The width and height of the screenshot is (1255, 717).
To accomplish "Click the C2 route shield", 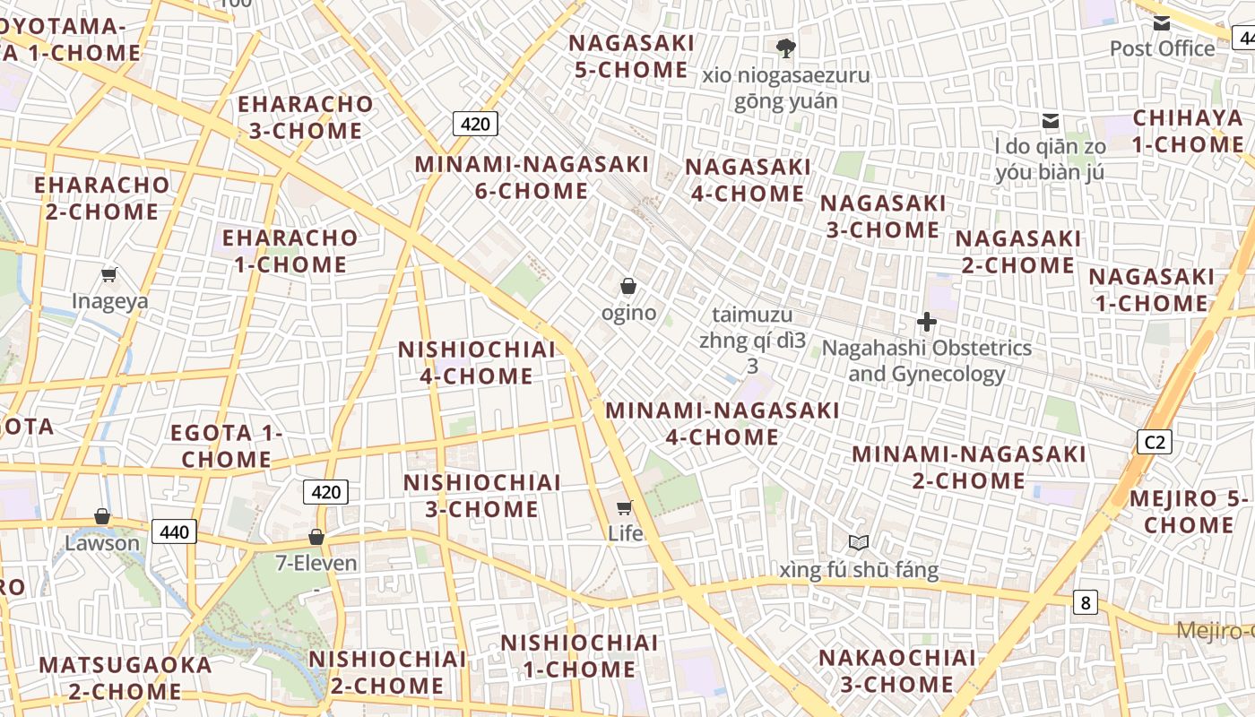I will (x=1155, y=441).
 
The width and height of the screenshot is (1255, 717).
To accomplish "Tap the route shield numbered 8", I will (x=1086, y=602).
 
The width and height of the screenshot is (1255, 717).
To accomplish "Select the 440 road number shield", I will (x=174, y=531).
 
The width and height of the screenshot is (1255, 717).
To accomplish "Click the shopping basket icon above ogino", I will (x=628, y=287).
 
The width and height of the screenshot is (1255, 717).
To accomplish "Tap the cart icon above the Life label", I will (x=625, y=507).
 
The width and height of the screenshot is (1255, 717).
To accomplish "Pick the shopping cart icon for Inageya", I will (x=109, y=274).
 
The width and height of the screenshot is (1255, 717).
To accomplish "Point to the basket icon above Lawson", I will (x=102, y=516).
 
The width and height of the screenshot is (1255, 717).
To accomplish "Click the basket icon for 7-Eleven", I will (x=316, y=537).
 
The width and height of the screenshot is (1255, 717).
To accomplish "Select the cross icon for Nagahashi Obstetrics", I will (x=927, y=322).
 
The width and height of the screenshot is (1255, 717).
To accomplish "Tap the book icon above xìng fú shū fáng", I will (x=859, y=542).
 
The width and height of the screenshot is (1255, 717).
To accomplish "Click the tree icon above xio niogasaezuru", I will (x=786, y=48).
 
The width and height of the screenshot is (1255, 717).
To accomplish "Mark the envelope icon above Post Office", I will (x=1162, y=23).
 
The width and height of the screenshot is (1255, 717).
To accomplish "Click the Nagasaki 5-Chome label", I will (x=631, y=56).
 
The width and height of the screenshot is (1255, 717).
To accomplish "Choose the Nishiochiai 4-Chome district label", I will (x=477, y=363).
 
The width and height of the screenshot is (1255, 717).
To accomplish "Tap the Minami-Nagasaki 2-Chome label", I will (x=969, y=467).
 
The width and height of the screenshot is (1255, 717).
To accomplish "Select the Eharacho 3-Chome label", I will (x=305, y=117).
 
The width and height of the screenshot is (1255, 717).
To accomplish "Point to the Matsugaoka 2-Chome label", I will (x=125, y=678).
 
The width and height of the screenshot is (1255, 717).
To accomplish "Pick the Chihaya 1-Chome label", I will (x=1188, y=131).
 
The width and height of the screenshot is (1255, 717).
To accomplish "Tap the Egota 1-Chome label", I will (x=227, y=446).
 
